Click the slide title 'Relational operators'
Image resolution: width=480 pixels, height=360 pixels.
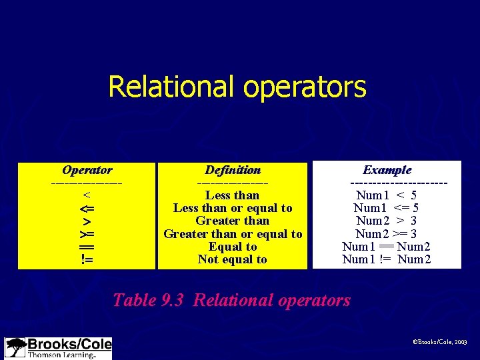tap(237, 87)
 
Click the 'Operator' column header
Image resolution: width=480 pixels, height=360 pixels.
tap(87, 170)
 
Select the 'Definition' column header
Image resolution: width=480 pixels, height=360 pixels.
tap(233, 170)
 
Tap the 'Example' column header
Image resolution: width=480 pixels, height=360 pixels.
tap(387, 170)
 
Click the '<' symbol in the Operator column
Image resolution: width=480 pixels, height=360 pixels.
tap(87, 195)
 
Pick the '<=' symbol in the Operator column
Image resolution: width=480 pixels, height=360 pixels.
tap(87, 208)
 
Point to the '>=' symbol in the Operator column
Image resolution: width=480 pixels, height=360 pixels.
tap(87, 234)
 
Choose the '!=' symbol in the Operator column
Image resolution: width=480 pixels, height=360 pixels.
tap(87, 260)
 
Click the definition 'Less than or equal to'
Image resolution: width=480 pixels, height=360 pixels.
tap(233, 208)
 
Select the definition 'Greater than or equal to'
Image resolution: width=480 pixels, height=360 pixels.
tap(233, 234)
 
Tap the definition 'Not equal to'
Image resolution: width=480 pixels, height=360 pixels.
tap(233, 260)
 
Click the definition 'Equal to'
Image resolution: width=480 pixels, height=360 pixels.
tap(233, 247)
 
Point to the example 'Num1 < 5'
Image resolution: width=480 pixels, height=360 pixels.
tap(387, 195)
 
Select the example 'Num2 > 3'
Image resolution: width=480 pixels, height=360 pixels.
tap(387, 221)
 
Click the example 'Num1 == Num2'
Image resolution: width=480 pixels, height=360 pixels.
tap(387, 247)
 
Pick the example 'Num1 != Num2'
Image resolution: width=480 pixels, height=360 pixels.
tap(387, 260)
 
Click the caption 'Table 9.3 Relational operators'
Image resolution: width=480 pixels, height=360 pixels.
tap(231, 300)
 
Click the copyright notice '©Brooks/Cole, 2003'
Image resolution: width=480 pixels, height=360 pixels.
tap(441, 341)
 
